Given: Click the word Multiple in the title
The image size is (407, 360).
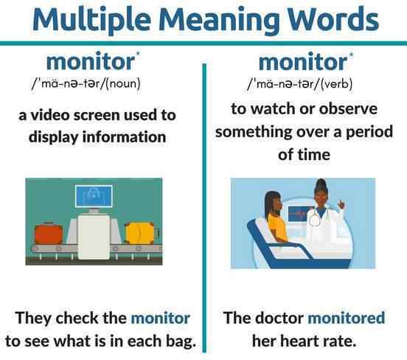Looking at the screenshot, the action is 92,20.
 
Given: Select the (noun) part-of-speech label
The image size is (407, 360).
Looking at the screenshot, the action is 124,83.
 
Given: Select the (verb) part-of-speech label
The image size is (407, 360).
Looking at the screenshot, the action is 337,83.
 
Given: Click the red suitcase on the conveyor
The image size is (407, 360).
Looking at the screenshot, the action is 49,233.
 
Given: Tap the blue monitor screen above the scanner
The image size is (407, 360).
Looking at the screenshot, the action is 94,196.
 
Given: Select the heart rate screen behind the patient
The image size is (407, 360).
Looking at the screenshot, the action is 298,214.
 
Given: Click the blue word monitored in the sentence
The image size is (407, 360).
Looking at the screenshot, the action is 347,317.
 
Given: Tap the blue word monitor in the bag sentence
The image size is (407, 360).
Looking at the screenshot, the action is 161,318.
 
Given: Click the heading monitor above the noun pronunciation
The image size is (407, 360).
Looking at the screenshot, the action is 91,61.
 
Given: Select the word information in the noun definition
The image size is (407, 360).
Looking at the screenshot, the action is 124,136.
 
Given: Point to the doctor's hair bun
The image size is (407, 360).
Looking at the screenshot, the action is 321,181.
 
